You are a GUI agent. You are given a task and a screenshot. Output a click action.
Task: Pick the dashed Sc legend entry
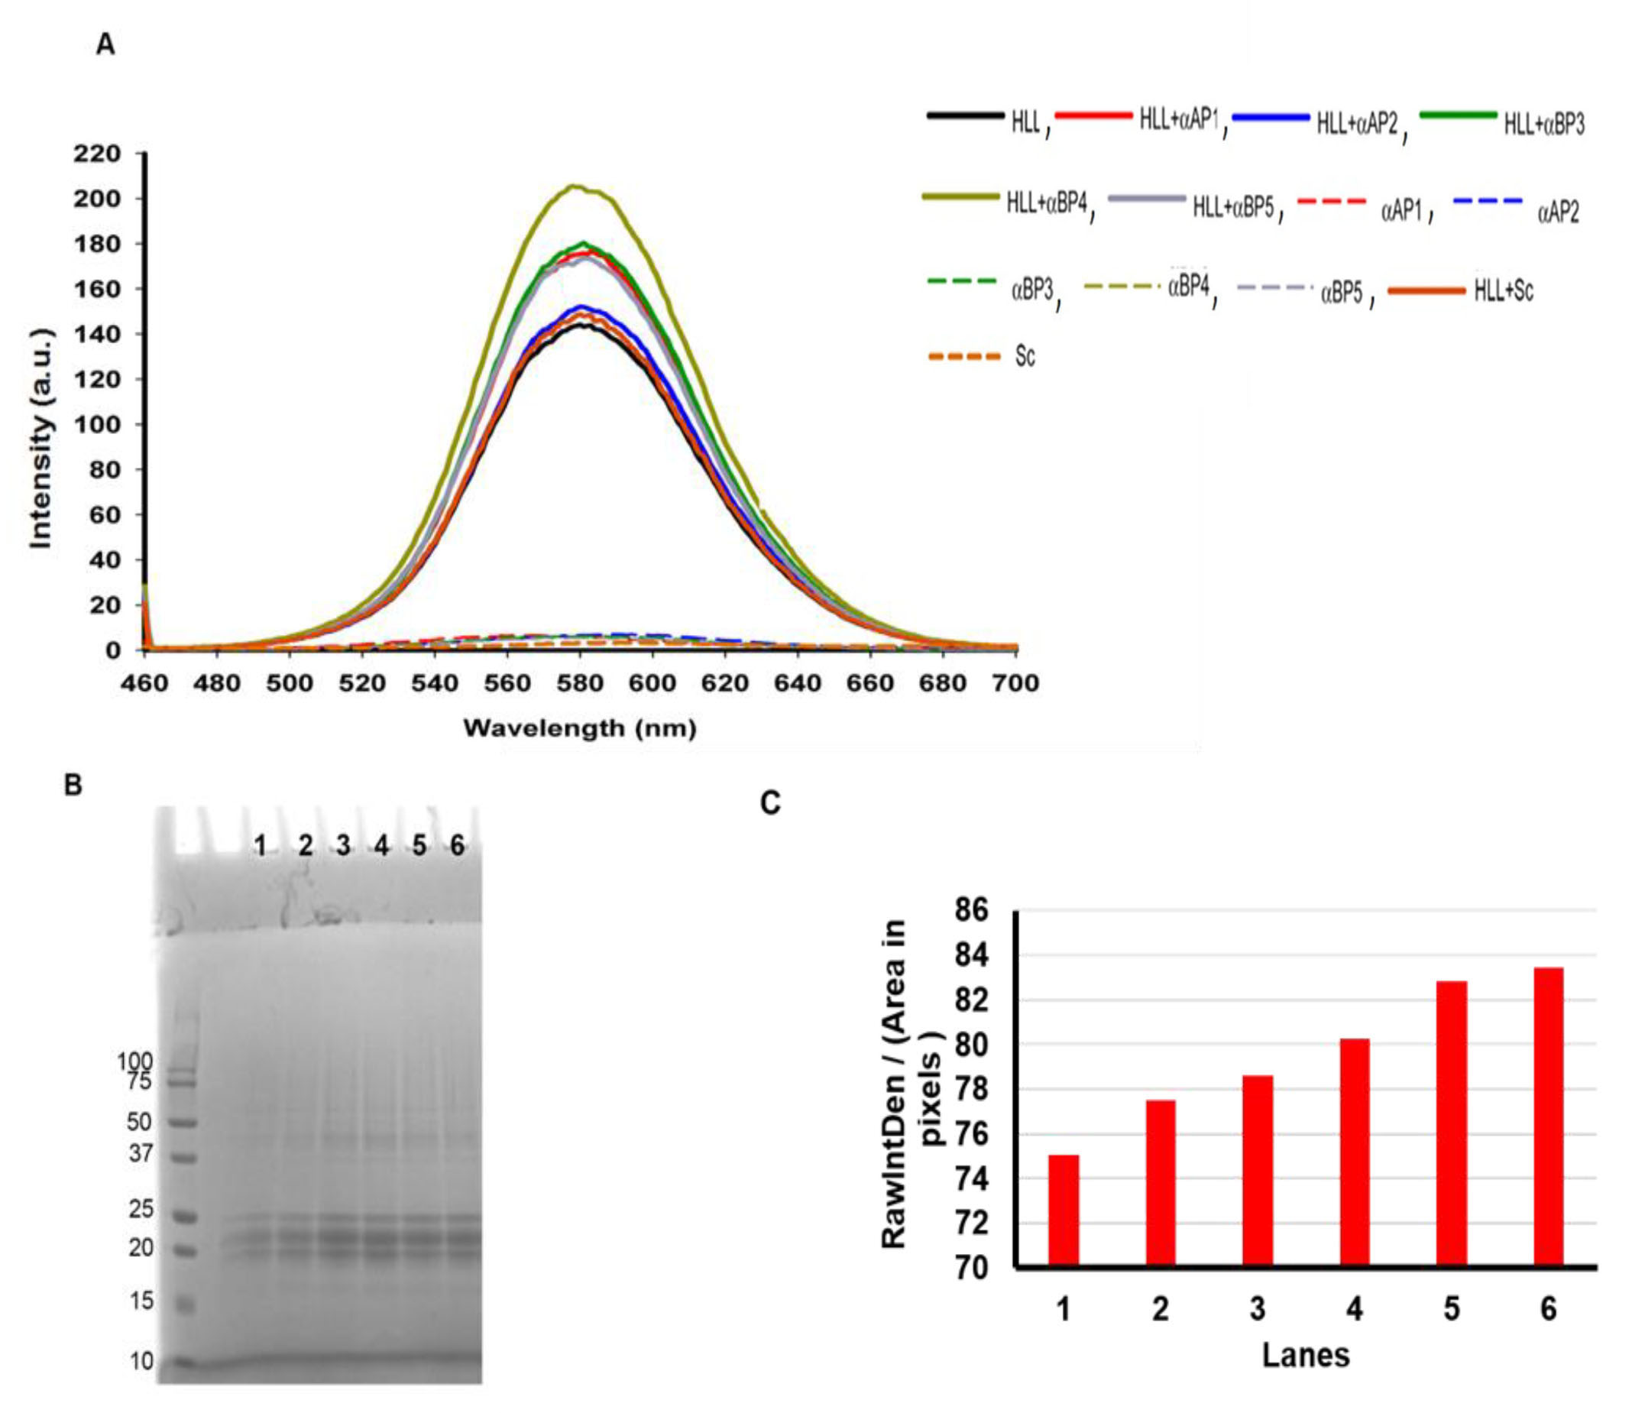983,356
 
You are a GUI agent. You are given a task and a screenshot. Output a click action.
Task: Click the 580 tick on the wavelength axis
579,683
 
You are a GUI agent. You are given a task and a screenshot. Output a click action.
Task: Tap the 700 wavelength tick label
1015,683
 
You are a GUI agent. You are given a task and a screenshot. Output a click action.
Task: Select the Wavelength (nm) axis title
579,728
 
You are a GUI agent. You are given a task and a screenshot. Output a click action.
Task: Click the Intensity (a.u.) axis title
41,439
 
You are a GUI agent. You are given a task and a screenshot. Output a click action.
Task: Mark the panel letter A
105,45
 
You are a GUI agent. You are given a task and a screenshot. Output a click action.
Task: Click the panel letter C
770,802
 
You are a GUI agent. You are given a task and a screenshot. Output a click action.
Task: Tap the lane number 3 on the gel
343,846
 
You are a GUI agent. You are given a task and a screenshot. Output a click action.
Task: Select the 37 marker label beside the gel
141,1154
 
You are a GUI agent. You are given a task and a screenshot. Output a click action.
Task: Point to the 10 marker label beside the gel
142,1361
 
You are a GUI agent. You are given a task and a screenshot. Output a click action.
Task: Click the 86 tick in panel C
970,910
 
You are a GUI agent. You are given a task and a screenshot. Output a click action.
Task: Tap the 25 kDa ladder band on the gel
184,1217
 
